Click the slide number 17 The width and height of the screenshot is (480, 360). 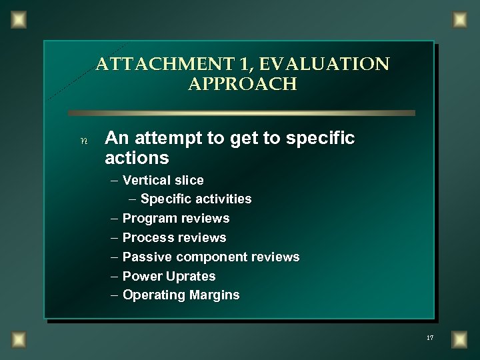coord(430,339)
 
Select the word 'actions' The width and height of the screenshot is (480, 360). coord(137,159)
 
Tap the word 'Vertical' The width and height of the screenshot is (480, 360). coord(147,180)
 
